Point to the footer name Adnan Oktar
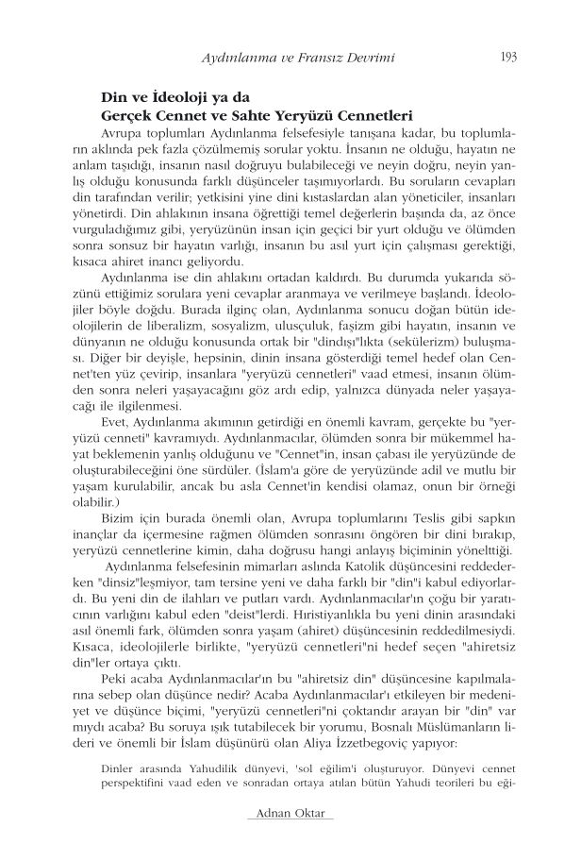pos(290,814)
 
